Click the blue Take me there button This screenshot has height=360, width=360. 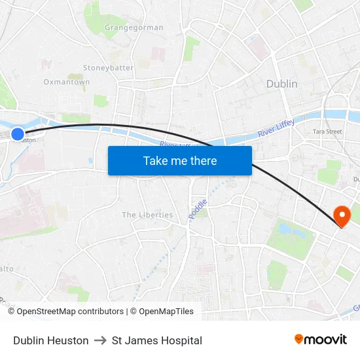[x=179, y=160]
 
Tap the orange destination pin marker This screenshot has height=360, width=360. [x=341, y=215]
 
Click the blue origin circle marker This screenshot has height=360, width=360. [x=18, y=134]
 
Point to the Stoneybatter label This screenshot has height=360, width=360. [x=108, y=67]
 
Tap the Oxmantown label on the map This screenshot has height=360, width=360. [x=66, y=82]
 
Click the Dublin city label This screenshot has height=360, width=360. [x=281, y=84]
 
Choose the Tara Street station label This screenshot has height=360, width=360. [x=327, y=132]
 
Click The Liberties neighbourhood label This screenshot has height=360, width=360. [x=147, y=215]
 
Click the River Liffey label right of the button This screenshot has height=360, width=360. [x=276, y=128]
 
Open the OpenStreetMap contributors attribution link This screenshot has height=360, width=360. [x=70, y=312]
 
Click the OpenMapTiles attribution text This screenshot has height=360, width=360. [x=166, y=312]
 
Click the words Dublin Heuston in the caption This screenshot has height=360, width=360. [x=50, y=340]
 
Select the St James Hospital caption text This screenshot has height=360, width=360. [x=157, y=340]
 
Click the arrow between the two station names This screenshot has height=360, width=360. [x=100, y=340]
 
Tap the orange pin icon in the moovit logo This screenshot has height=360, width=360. [x=298, y=339]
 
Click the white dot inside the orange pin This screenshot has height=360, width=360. [x=341, y=213]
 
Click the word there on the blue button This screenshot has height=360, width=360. [x=202, y=160]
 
